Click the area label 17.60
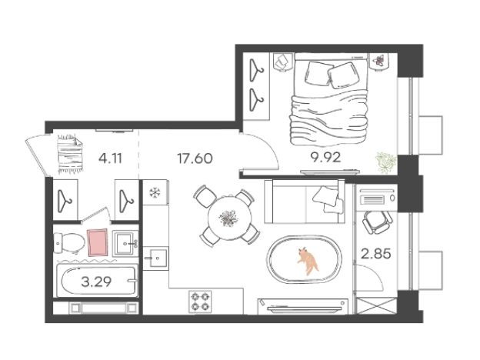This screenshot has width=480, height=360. pos(195,158)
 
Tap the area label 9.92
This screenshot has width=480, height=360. pos(325,158)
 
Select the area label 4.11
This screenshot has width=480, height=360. pos(110,158)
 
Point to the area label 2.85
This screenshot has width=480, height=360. pos(376,254)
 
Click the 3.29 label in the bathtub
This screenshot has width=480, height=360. pos(96,282)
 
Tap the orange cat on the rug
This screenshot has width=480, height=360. pos(308,262)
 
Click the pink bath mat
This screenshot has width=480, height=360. pos(98,242)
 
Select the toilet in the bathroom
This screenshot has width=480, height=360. pos(69,243)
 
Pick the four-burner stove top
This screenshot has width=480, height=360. pos(201,302)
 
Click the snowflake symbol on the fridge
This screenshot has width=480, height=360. pos(155,193)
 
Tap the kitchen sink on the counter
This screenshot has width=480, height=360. pos(156,258)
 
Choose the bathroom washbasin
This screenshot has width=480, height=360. pos(125,244)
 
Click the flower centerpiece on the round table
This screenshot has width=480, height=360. pos(228,218)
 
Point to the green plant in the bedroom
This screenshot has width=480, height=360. pos(386,162)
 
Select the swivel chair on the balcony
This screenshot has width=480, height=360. pos(377,222)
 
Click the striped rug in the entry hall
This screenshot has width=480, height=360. pos(71,154)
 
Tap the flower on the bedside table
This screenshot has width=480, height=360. pos(379,60)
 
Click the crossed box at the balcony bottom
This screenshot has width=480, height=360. pos(377,306)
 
